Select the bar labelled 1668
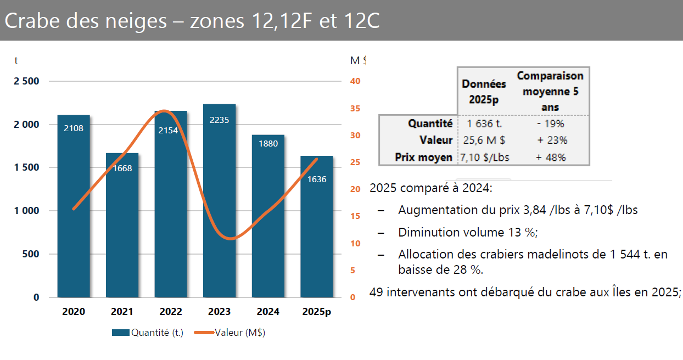[122, 230]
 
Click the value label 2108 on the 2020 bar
[74, 128]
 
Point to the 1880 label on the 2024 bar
[268, 144]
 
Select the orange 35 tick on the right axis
[355, 108]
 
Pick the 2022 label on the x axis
[171, 312]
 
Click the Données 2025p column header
[484, 91]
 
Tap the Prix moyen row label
[423, 157]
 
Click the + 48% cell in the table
[551, 157]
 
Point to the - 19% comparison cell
[551, 123]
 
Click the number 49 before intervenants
[377, 292]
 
